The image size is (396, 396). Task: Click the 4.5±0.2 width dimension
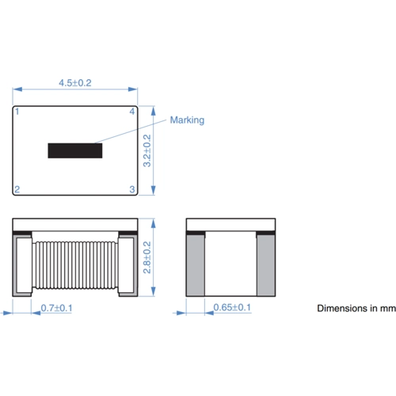click(x=75, y=82)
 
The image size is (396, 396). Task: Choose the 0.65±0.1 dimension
click(x=231, y=307)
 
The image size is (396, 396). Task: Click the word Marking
click(x=187, y=120)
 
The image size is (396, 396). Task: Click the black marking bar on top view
click(x=75, y=150)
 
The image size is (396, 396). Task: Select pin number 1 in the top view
click(x=18, y=112)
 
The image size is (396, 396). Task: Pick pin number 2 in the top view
click(x=18, y=188)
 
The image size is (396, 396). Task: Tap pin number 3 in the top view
click(x=132, y=188)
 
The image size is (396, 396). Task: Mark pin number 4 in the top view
click(x=132, y=112)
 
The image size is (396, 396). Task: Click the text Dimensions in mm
click(x=356, y=308)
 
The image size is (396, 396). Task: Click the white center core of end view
click(x=230, y=265)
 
